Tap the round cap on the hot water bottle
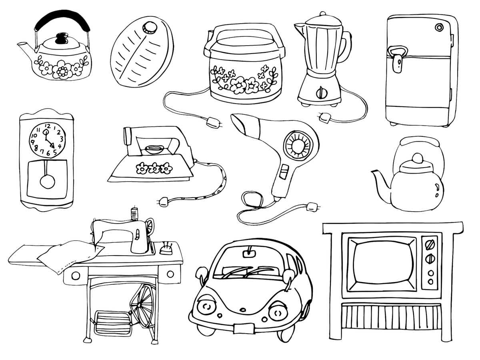click(x=151, y=28)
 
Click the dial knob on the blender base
click(x=320, y=93)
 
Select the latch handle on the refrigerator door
click(x=398, y=58)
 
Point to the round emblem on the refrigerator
click(x=439, y=28)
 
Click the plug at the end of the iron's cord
click(x=164, y=200)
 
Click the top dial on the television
click(x=430, y=244)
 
